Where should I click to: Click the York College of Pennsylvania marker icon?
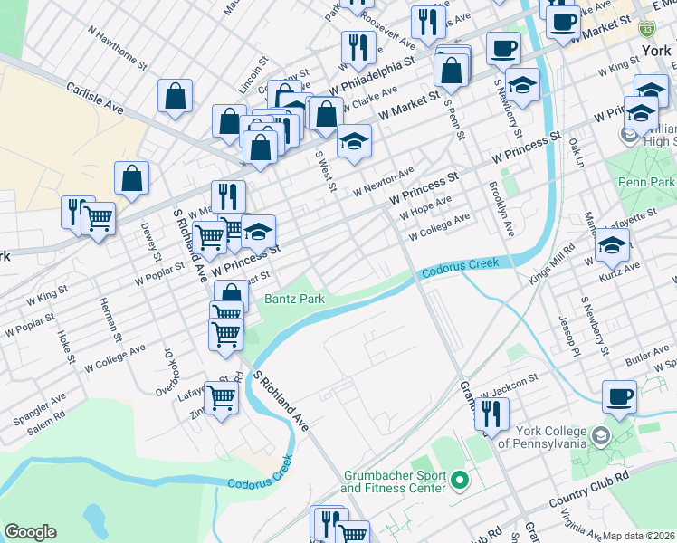pos(598,438)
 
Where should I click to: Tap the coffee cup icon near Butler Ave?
pos(619,396)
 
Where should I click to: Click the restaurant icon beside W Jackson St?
pos(491,414)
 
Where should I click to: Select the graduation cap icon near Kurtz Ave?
pos(612,245)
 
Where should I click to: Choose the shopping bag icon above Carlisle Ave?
pos(175,97)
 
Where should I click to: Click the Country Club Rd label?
pos(589,490)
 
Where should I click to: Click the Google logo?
pos(30,532)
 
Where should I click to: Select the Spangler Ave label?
pos(39,409)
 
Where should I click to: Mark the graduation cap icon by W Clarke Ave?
pos(355,140)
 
